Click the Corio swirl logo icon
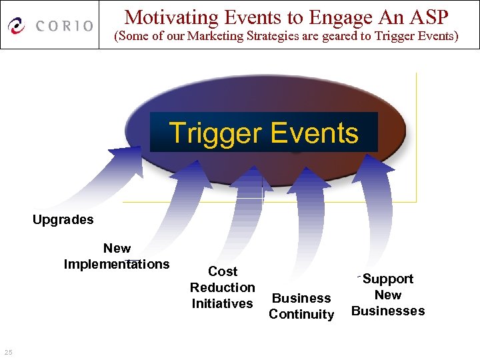[x=17, y=26]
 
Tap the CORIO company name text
[x=65, y=26]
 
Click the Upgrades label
[x=63, y=219]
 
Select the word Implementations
[x=117, y=264]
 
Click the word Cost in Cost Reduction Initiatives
[x=223, y=271]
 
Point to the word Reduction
[x=223, y=287]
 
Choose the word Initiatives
[x=223, y=303]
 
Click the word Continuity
[x=301, y=314]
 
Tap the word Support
[x=388, y=279]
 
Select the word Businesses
[x=388, y=311]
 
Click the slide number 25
[x=8, y=352]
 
